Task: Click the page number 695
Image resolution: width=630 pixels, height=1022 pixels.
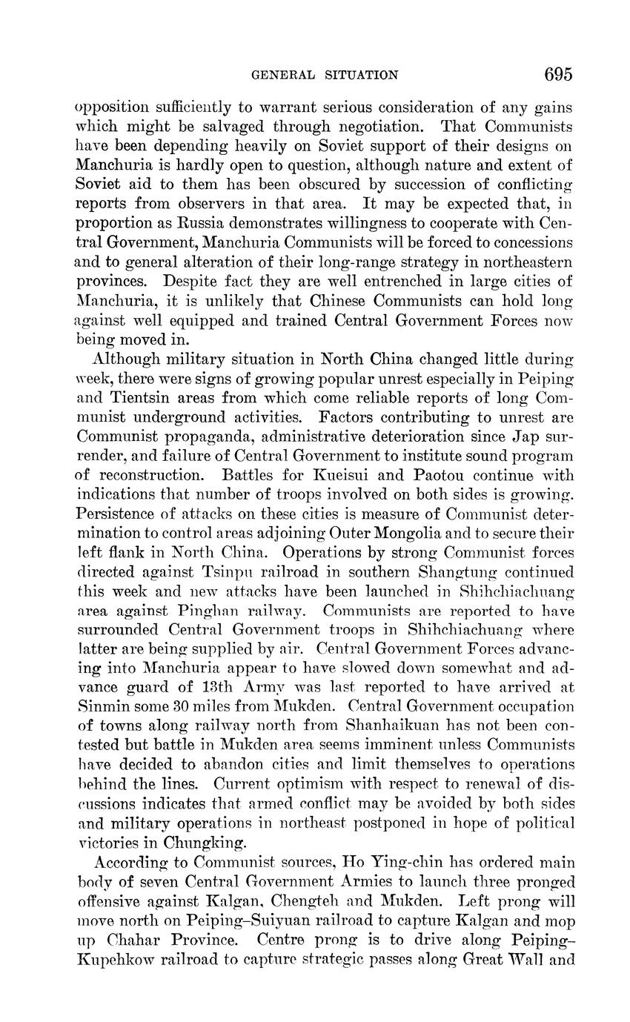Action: pyautogui.click(x=558, y=74)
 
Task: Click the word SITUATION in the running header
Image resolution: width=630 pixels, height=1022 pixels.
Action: pyautogui.click(x=358, y=75)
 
